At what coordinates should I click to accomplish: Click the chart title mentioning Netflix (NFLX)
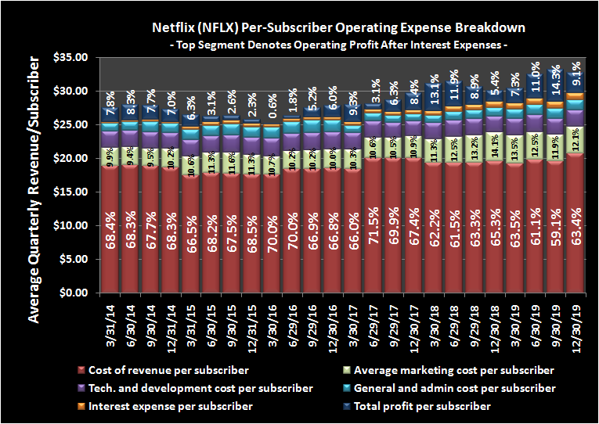337,27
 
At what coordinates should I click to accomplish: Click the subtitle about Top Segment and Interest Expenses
337,45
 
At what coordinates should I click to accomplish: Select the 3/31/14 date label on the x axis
108,322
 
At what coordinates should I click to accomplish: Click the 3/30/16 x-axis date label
270,322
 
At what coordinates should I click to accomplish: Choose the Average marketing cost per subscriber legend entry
453,370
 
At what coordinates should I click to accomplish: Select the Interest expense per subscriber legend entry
172,406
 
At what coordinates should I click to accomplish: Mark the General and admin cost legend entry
451,388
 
